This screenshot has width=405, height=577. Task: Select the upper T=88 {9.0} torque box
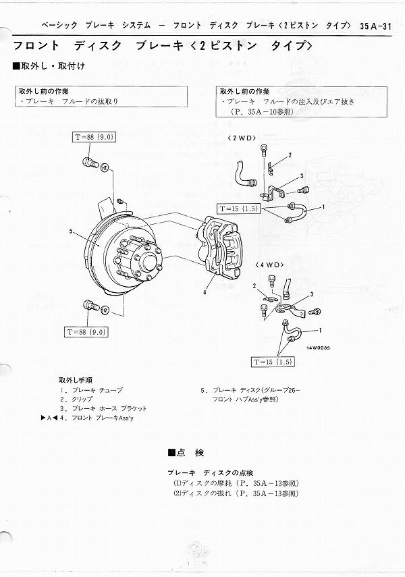[94, 137]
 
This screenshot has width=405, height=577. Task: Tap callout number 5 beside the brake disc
[70, 231]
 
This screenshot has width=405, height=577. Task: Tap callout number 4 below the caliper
[203, 293]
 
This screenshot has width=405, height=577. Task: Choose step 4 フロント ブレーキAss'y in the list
[101, 418]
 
